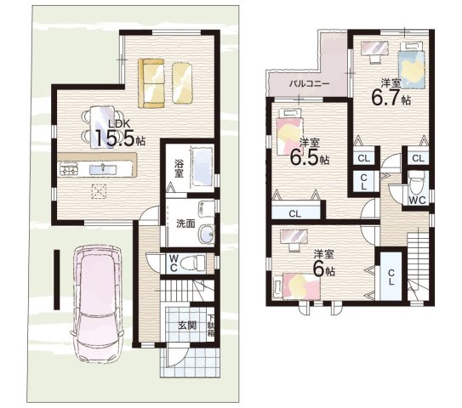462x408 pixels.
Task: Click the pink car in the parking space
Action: (97, 303)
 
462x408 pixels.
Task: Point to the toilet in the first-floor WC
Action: (192, 263)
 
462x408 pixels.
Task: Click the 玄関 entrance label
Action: (187, 326)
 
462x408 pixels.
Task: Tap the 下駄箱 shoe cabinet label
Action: (211, 326)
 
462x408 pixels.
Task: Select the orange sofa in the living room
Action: (151, 84)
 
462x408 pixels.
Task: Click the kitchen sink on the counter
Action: (103, 169)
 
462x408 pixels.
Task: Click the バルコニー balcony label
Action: (309, 84)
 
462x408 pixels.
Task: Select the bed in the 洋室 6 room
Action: (297, 286)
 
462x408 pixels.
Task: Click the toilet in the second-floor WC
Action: (417, 184)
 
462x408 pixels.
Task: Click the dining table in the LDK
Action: (102, 126)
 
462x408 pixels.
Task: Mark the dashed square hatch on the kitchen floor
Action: (99, 191)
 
